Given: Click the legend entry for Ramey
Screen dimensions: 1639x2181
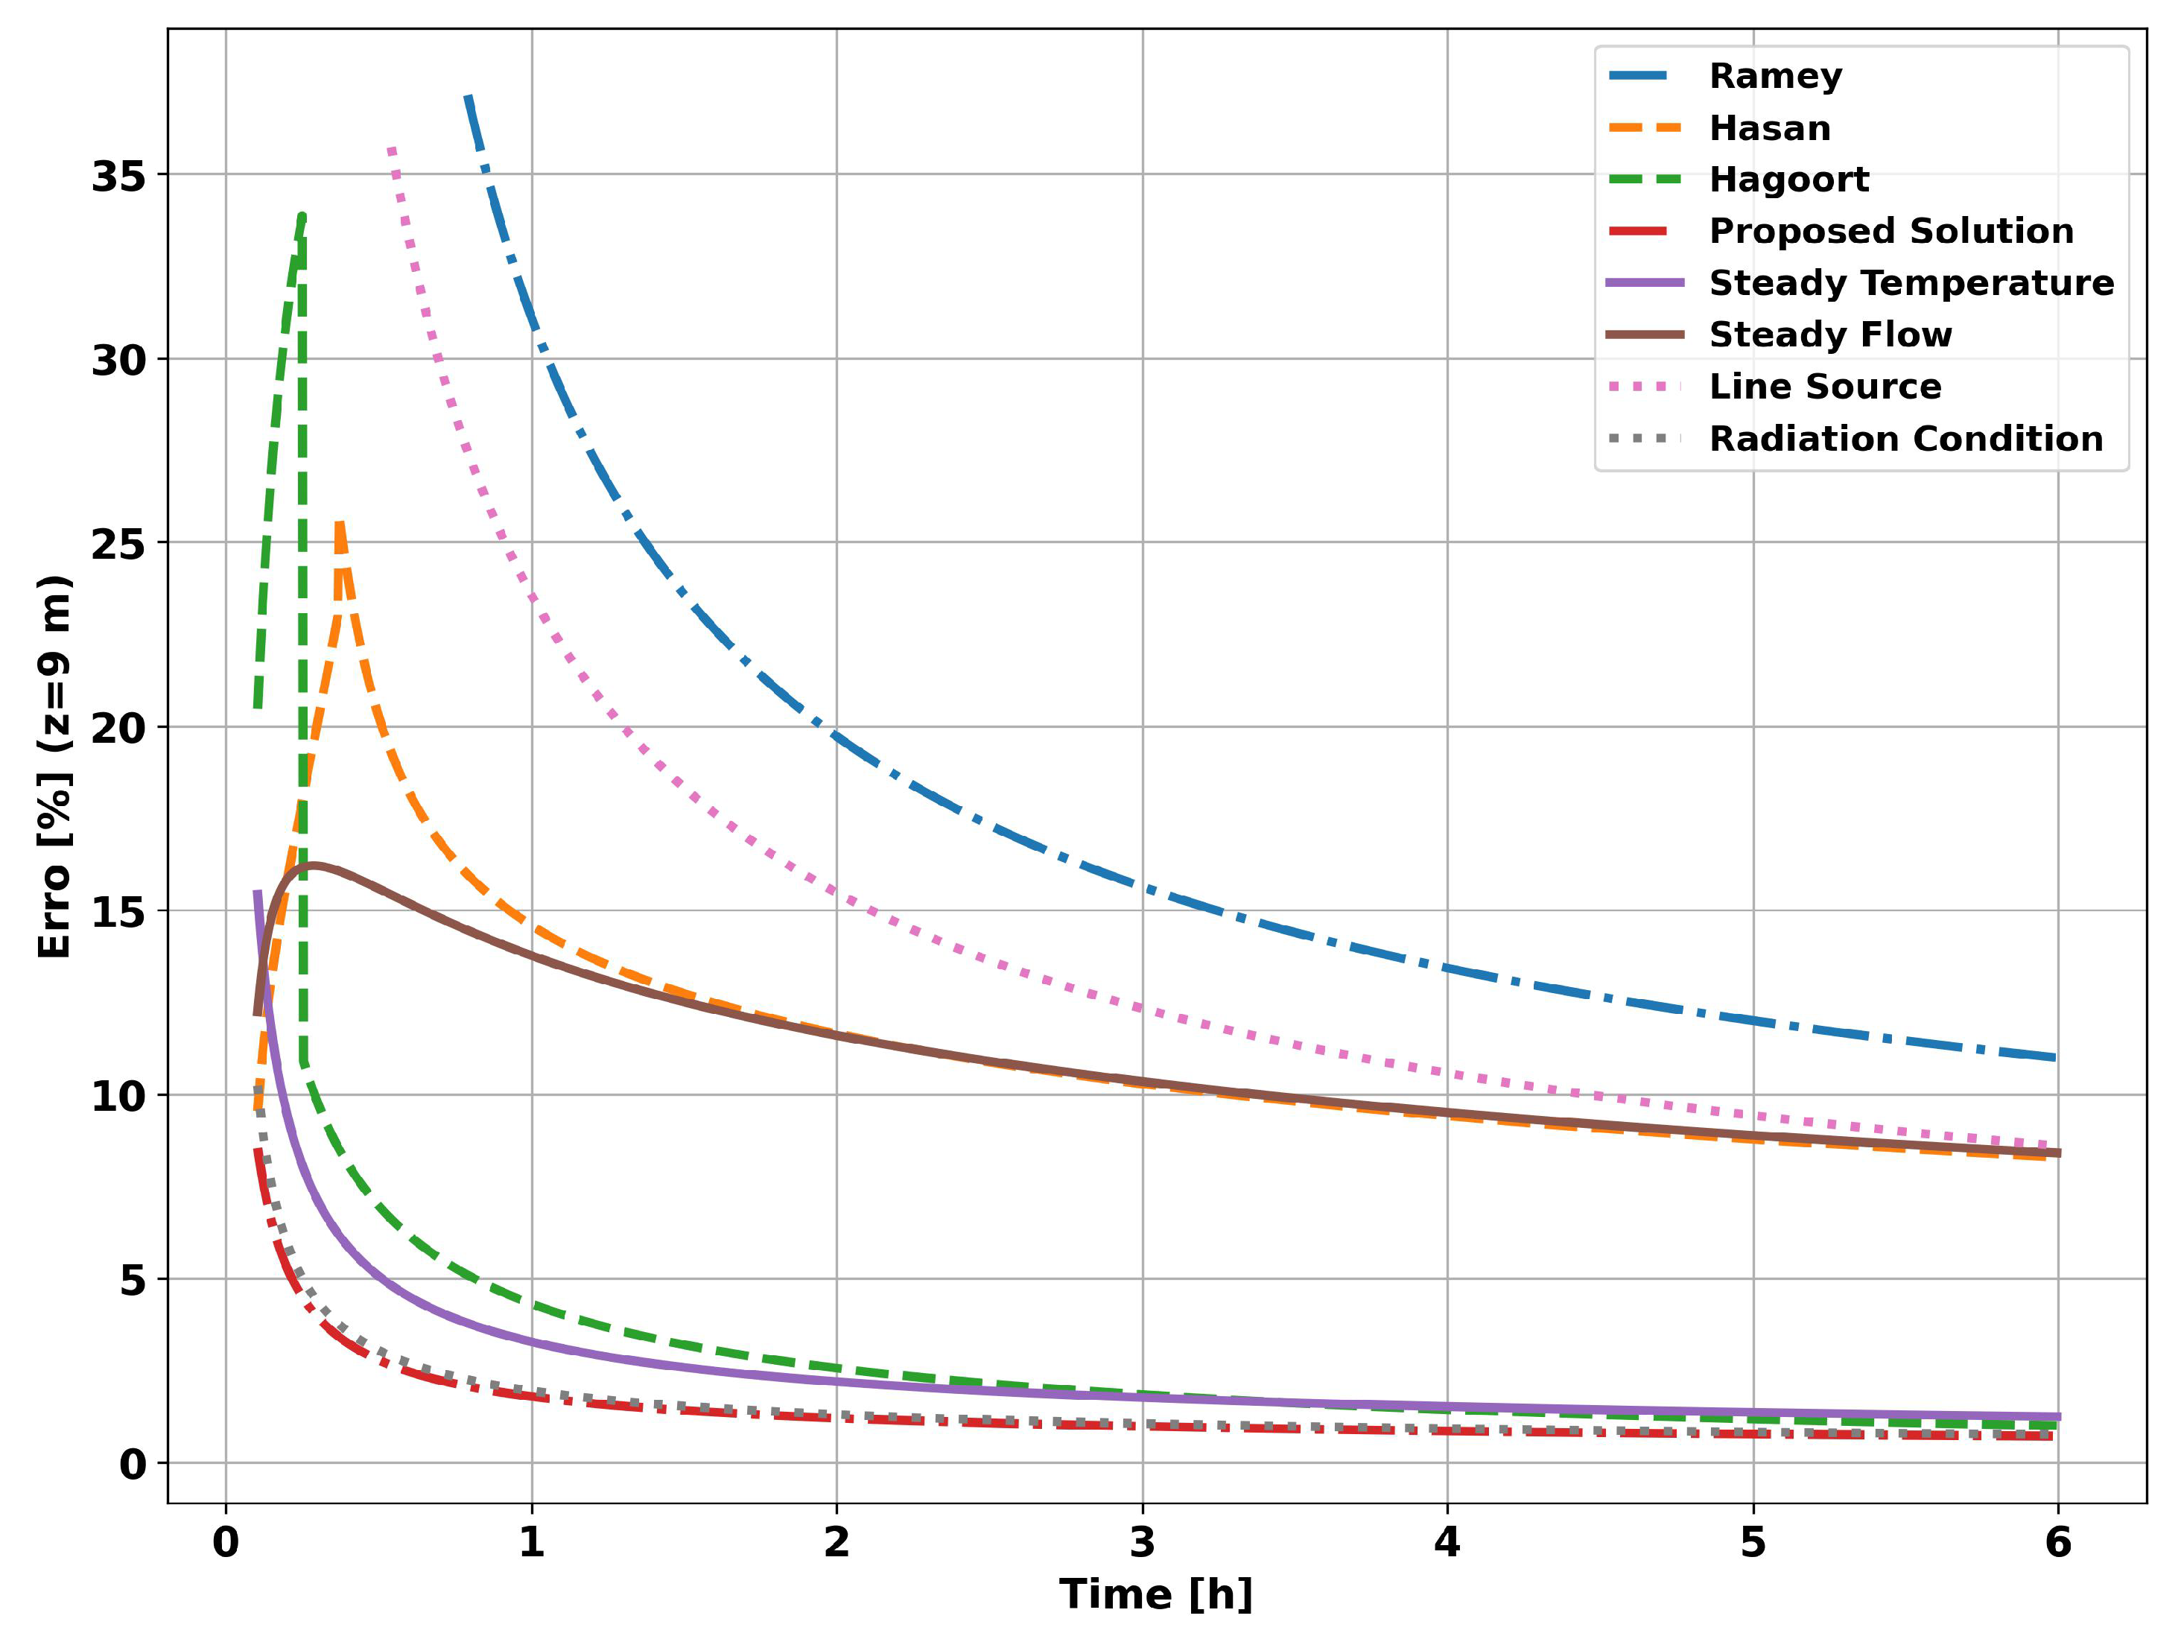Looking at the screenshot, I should [1775, 76].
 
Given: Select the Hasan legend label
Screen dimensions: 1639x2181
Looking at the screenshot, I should [1769, 128].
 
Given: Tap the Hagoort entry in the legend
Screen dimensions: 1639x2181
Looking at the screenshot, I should [1788, 180].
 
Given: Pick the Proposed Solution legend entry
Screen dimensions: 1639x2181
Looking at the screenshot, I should [1890, 231].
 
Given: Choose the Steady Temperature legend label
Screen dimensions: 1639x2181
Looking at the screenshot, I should [1911, 283].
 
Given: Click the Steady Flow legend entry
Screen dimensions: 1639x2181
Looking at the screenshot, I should [1830, 335].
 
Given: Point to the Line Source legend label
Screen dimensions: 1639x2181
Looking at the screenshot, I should [1824, 387].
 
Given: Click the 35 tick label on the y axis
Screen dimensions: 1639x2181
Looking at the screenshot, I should [118, 177].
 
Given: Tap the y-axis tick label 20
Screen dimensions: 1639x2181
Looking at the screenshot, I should [118, 729].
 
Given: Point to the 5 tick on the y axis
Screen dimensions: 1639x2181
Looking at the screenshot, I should [132, 1280].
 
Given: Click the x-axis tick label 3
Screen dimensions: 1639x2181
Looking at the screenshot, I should [1142, 1542].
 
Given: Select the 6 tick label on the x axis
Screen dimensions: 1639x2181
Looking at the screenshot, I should [2058, 1542].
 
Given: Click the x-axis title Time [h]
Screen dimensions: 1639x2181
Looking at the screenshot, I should [1155, 1594].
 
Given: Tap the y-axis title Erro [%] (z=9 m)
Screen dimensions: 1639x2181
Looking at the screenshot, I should [55, 767].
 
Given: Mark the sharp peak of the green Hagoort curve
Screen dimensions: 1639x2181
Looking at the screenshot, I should [302, 216].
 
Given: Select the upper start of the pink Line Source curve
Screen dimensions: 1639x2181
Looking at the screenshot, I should [392, 150].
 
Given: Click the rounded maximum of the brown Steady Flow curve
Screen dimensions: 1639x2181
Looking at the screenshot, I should [314, 865].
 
